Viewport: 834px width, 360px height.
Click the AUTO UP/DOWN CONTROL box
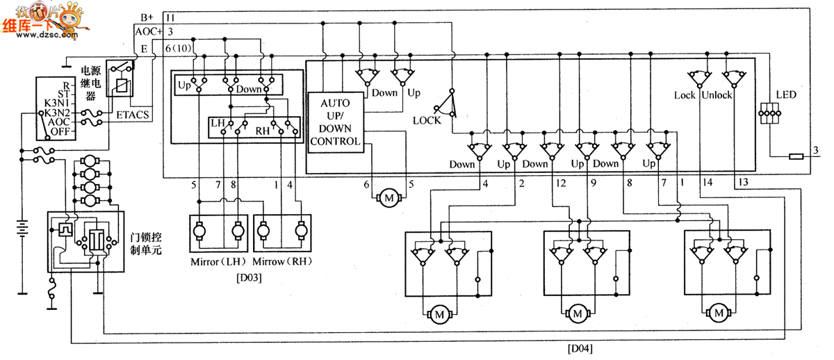(x=335, y=122)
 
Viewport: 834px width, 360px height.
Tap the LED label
(x=786, y=95)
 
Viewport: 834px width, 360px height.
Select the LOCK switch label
(x=426, y=120)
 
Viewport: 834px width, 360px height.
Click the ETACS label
(x=133, y=115)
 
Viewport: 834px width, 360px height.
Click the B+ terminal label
(x=147, y=17)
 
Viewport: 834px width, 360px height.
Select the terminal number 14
(x=708, y=183)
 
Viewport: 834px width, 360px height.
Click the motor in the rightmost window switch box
(x=718, y=314)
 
